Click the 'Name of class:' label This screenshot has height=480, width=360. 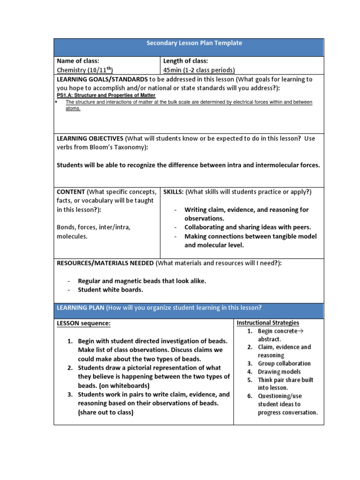tap(78, 61)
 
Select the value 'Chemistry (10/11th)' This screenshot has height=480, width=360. tap(85, 70)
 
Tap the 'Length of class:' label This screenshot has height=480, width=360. tap(186, 61)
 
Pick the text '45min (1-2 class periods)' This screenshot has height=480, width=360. tap(199, 70)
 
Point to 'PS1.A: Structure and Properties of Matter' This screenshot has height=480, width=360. tap(106, 95)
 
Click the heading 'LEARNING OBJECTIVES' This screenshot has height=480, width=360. tap(90, 138)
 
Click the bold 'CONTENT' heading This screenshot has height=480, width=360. tap(71, 192)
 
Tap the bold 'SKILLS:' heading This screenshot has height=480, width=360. tap(173, 192)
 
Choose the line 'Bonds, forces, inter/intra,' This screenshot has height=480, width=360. tap(94, 227)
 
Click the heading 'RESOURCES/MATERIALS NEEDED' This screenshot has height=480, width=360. tap(105, 263)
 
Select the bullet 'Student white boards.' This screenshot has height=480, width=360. tap(111, 290)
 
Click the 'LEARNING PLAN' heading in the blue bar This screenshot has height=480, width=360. tap(81, 307)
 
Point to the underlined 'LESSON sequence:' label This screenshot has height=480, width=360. tap(84, 323)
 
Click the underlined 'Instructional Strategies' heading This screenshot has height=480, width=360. tap(268, 323)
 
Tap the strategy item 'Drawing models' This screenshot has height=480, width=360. tap(279, 372)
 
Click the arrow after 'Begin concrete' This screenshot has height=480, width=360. tap(301, 331)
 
